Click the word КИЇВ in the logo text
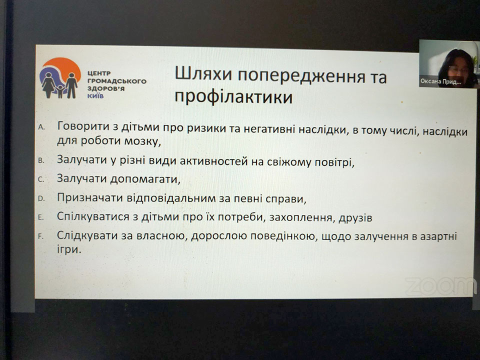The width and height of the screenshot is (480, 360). pyautogui.click(x=95, y=96)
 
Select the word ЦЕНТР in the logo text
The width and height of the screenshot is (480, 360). pyautogui.click(x=99, y=73)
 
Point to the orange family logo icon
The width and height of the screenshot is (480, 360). pyautogui.click(x=60, y=78)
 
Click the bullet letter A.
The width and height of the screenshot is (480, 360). pyautogui.click(x=41, y=127)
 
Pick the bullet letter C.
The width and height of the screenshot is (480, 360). pyautogui.click(x=41, y=179)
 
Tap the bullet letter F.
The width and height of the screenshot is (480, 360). pyautogui.click(x=40, y=236)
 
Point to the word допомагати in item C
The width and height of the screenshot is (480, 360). pyautogui.click(x=145, y=179)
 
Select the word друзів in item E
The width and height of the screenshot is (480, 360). pyautogui.click(x=355, y=218)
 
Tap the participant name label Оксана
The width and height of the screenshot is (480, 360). pyautogui.click(x=430, y=81)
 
